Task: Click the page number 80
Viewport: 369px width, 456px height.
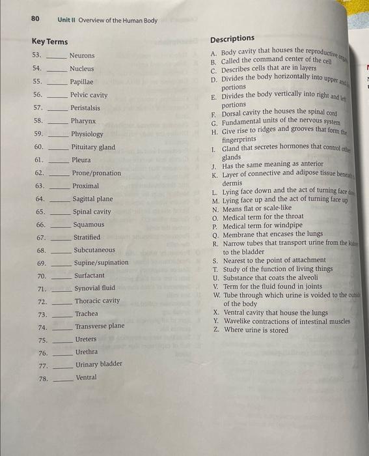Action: click(36, 20)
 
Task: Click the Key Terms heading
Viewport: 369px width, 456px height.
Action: click(49, 42)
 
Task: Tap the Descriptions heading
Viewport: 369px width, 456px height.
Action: click(232, 38)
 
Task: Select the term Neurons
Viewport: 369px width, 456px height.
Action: click(82, 55)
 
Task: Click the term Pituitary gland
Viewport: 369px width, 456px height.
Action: click(93, 147)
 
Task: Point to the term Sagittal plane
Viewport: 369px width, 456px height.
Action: click(92, 199)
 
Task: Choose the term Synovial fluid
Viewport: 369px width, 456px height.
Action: click(94, 288)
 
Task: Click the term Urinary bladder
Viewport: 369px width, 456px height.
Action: click(98, 364)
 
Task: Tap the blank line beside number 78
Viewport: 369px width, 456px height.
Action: click(63, 378)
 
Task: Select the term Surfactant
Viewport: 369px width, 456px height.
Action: click(89, 276)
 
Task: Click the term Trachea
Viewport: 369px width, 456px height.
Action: click(87, 314)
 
